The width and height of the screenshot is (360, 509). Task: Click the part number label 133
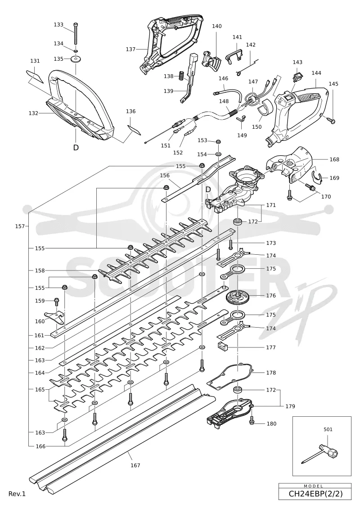[58, 25]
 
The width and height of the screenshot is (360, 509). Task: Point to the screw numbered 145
[332, 121]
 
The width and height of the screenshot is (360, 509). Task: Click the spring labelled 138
[182, 76]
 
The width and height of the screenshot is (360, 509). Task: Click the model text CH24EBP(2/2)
[315, 494]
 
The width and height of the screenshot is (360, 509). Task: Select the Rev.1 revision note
[17, 494]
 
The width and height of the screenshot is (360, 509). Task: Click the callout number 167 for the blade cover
[135, 465]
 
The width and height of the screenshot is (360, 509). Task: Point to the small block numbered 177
[222, 347]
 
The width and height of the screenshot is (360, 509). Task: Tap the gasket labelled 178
[230, 377]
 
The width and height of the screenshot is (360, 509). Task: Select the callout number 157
[20, 226]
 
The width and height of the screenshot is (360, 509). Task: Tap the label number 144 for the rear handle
[316, 73]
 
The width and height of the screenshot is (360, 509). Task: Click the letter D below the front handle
[76, 147]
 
